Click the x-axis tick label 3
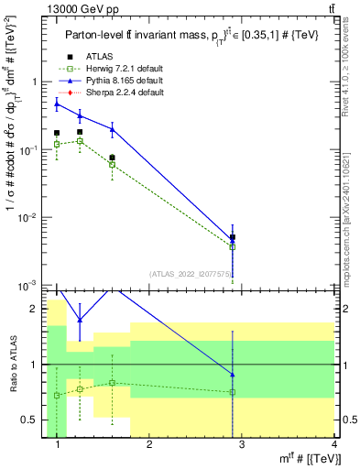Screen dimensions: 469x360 click(242, 446)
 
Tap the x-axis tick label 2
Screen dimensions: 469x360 click(149, 446)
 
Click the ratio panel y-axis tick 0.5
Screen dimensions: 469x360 click(32, 420)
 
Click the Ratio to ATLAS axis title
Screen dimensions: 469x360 click(12, 365)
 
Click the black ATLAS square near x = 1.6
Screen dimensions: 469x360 click(112, 158)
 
